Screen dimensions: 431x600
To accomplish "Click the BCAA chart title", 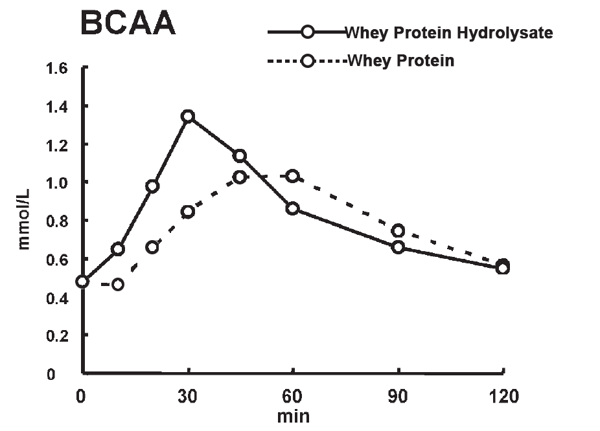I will pos(127,25).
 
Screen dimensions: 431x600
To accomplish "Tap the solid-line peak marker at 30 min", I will pos(188,116).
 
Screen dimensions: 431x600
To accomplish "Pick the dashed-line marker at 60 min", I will pos(293,176).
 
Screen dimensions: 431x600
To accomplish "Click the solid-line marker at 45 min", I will pos(240,156).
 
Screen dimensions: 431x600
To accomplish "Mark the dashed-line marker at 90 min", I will pos(398,231).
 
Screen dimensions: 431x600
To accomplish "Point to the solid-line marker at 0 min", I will pos(82,282).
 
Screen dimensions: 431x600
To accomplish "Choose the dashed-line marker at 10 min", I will pos(117,284).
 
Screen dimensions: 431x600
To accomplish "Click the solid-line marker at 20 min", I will pos(153,186).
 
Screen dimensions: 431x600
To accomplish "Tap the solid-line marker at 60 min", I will pos(293,208).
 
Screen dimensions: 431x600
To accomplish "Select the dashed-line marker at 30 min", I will pos(188,212).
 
